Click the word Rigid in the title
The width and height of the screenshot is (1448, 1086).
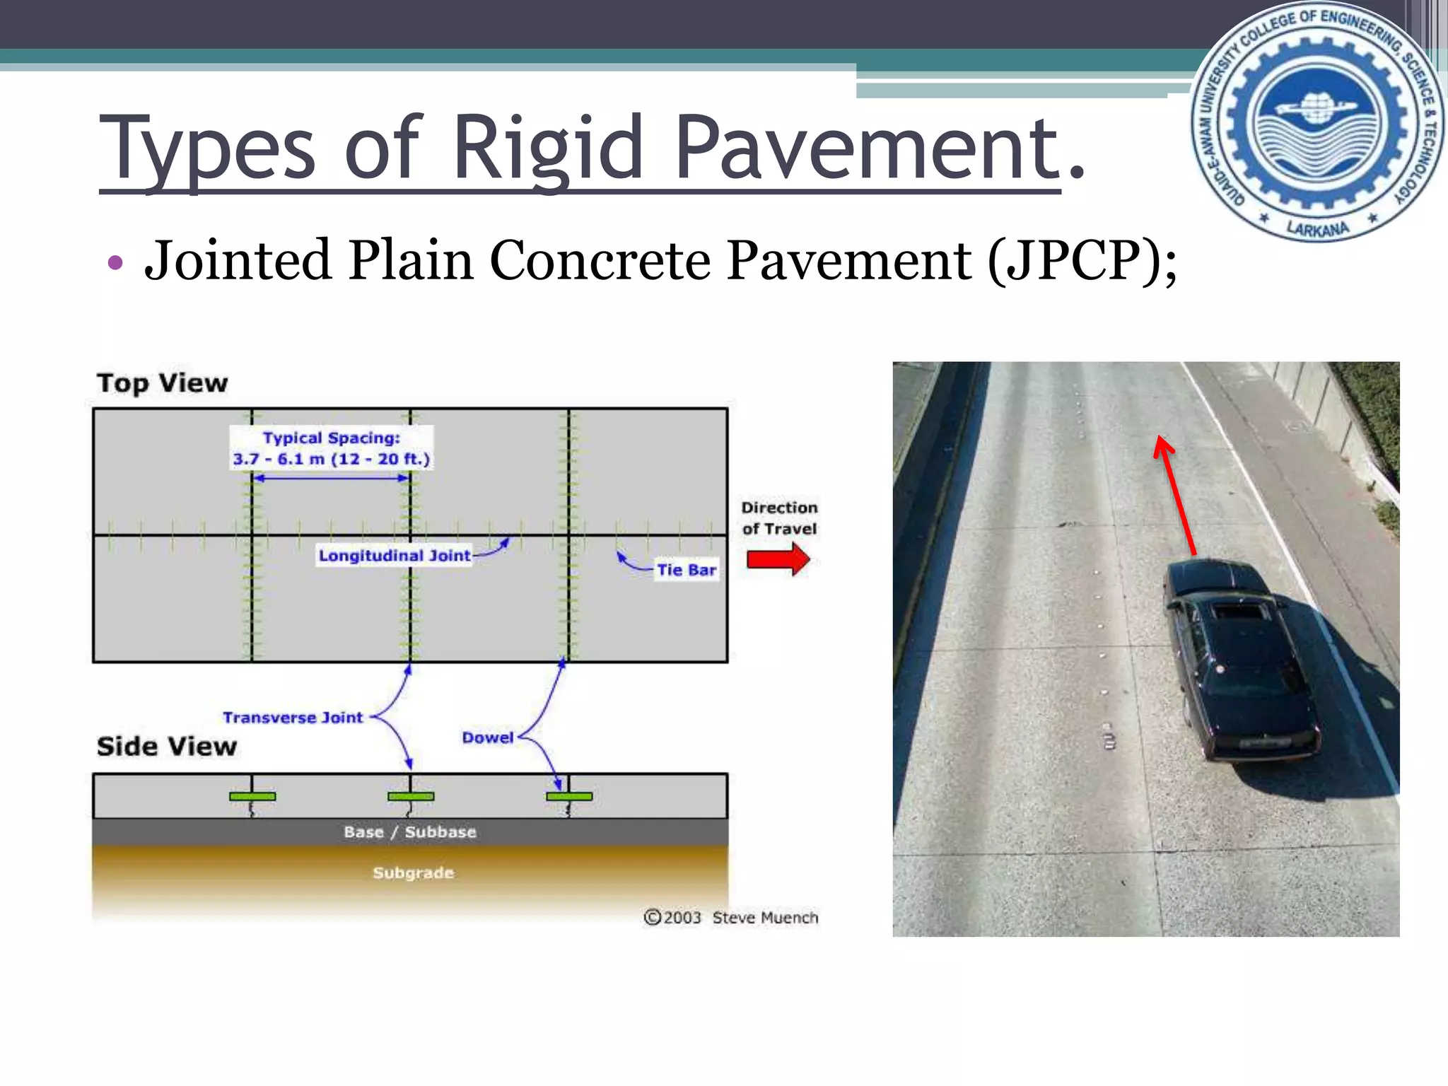click(x=548, y=148)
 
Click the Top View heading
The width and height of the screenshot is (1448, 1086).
click(x=163, y=383)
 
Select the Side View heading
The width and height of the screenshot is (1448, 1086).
click(x=167, y=747)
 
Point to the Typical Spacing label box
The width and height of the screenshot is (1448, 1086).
click(x=331, y=448)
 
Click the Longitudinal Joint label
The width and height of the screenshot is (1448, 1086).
click(x=394, y=556)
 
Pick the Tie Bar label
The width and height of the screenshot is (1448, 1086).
click(x=686, y=570)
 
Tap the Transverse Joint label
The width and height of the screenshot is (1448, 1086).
click(x=293, y=718)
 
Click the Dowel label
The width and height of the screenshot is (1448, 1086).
click(x=488, y=737)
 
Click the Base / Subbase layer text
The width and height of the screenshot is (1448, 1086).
click(x=410, y=832)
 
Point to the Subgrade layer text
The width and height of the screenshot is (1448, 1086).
click(x=413, y=873)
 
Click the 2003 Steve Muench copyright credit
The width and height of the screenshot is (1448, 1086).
click(x=731, y=918)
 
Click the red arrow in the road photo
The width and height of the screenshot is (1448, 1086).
click(x=1174, y=495)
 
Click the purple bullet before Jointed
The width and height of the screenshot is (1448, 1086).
click(x=115, y=263)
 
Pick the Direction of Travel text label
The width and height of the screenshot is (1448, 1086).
click(x=779, y=518)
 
